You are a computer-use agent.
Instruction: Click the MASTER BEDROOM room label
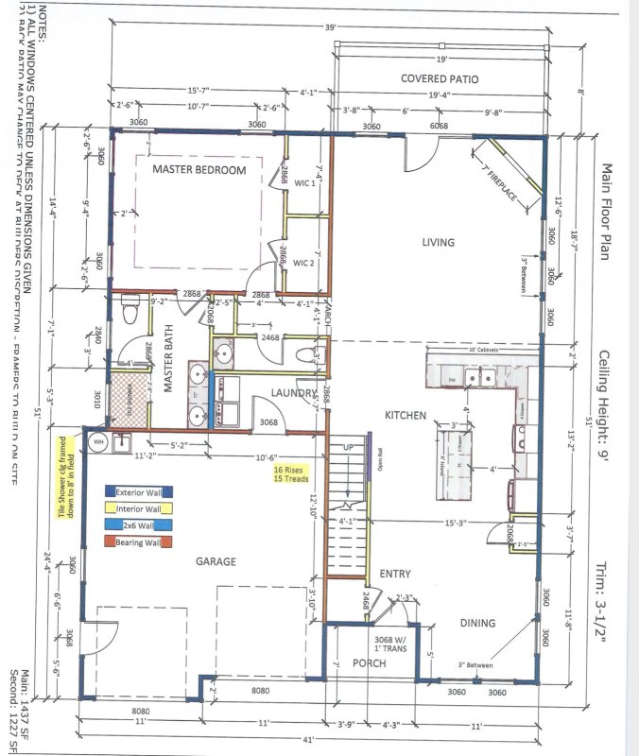click(x=199, y=170)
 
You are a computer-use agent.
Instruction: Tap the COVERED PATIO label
click(x=437, y=77)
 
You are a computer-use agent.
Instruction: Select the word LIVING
click(x=439, y=243)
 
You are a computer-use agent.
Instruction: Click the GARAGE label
click(x=216, y=562)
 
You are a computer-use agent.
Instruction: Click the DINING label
click(x=478, y=623)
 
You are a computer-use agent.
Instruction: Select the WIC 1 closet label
click(x=302, y=182)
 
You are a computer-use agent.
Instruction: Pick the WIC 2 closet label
click(x=302, y=262)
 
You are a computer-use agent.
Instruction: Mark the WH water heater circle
click(x=95, y=440)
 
